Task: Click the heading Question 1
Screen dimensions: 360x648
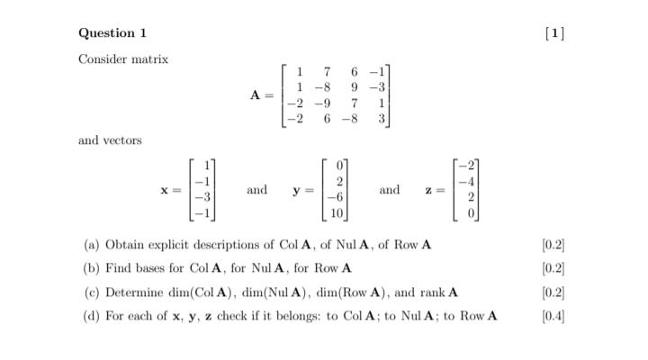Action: coord(112,33)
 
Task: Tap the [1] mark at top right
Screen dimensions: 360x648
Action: coord(555,33)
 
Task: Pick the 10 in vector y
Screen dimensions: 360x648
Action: coord(337,214)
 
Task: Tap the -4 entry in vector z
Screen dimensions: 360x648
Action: coord(468,182)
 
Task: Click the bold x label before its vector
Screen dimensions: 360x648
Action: coord(165,190)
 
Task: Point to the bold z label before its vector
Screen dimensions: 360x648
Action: coord(430,190)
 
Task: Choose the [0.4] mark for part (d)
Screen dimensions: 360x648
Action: coord(553,316)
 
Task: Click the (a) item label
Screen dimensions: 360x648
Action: coord(91,245)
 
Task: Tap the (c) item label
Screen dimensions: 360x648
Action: coord(91,292)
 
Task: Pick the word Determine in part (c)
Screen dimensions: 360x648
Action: coord(133,292)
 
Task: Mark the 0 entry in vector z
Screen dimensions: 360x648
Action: coord(472,214)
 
